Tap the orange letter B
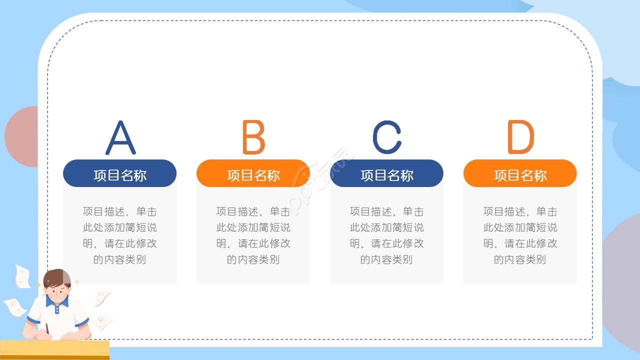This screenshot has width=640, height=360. pos(253,137)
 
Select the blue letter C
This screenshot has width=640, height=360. pos(386,137)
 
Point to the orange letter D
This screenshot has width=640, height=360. pos(520,137)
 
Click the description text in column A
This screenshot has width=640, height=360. pos(119,235)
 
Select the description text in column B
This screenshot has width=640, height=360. pos(253,235)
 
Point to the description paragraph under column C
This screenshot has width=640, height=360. pos(386,235)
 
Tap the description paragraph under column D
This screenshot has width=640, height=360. pos(520,235)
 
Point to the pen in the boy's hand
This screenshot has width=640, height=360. pos(47,328)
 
